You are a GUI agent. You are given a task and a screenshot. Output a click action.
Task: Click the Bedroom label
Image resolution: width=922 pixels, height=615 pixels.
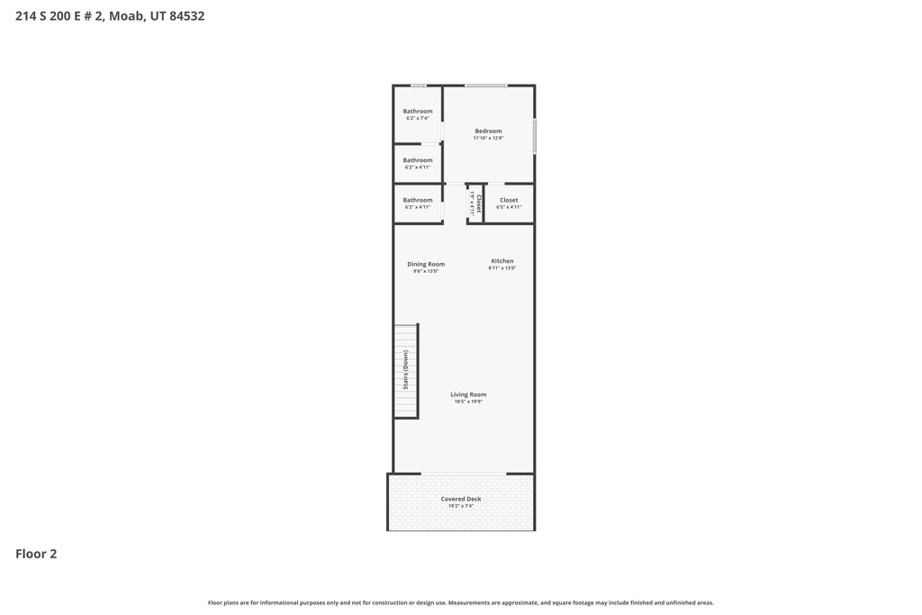pyautogui.click(x=488, y=131)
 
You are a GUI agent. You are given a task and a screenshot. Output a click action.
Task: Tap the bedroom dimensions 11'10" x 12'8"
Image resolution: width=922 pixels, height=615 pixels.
pyautogui.click(x=488, y=138)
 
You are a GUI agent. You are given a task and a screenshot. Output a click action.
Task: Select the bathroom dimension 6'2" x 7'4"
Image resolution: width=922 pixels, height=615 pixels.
pyautogui.click(x=418, y=118)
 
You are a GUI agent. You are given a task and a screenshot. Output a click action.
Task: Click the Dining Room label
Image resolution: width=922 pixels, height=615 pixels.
pyautogui.click(x=426, y=264)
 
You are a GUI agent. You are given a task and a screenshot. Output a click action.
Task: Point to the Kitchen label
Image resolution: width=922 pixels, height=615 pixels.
pyautogui.click(x=502, y=261)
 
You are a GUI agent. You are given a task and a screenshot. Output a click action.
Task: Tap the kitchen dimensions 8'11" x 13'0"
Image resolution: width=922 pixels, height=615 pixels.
pyautogui.click(x=502, y=268)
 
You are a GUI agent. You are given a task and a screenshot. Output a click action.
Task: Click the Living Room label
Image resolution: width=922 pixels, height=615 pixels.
pyautogui.click(x=468, y=394)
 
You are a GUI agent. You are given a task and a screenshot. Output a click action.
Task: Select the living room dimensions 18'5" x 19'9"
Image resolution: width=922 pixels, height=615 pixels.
pyautogui.click(x=468, y=402)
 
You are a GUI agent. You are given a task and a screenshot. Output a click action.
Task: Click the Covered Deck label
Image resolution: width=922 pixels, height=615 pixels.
pyautogui.click(x=461, y=499)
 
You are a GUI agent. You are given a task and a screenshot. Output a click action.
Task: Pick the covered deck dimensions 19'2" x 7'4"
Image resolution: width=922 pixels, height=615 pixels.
pyautogui.click(x=461, y=506)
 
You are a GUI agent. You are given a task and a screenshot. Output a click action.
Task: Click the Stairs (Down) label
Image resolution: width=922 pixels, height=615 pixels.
pyautogui.click(x=406, y=370)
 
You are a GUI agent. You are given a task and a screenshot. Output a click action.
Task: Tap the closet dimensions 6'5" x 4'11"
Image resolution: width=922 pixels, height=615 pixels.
pyautogui.click(x=509, y=207)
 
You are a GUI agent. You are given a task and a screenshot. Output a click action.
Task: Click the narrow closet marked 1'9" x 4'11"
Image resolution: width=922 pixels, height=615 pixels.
pyautogui.click(x=475, y=203)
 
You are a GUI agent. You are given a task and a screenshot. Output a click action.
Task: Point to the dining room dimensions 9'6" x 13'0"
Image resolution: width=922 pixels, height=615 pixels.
pyautogui.click(x=426, y=271)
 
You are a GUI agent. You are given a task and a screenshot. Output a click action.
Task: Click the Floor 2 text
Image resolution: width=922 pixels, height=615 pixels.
pyautogui.click(x=36, y=554)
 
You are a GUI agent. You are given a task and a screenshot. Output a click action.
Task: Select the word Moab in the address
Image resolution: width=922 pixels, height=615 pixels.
pyautogui.click(x=127, y=15)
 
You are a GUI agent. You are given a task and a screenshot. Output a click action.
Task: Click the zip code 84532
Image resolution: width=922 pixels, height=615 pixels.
pyautogui.click(x=187, y=15)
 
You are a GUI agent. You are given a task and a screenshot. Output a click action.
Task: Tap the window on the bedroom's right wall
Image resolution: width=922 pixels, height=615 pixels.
pyautogui.click(x=535, y=136)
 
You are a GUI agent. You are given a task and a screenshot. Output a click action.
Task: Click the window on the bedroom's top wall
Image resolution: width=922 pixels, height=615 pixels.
pyautogui.click(x=486, y=86)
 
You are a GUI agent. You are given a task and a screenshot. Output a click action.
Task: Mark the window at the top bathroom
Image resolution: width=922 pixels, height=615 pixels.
pyautogui.click(x=419, y=86)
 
